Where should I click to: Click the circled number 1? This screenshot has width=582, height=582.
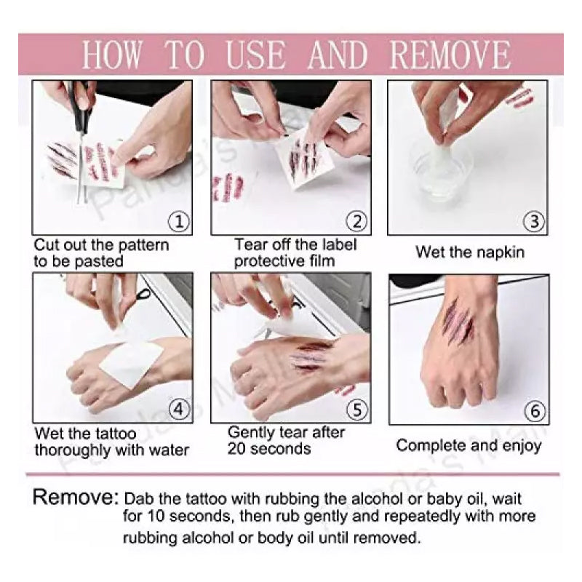178,222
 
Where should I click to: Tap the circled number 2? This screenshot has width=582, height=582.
356,222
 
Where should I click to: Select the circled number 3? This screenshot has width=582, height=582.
534,222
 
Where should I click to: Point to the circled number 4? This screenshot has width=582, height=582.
178,410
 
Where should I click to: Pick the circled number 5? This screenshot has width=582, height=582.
356,410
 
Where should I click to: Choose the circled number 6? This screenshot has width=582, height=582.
535,411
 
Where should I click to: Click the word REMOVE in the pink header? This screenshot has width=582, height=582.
450,55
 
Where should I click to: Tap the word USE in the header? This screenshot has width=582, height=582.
256,55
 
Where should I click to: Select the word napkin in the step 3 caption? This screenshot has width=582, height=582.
501,252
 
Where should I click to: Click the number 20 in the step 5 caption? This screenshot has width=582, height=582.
237,449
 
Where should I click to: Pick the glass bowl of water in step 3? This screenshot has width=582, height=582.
442,172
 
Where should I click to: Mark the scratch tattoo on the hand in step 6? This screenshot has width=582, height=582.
458,322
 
